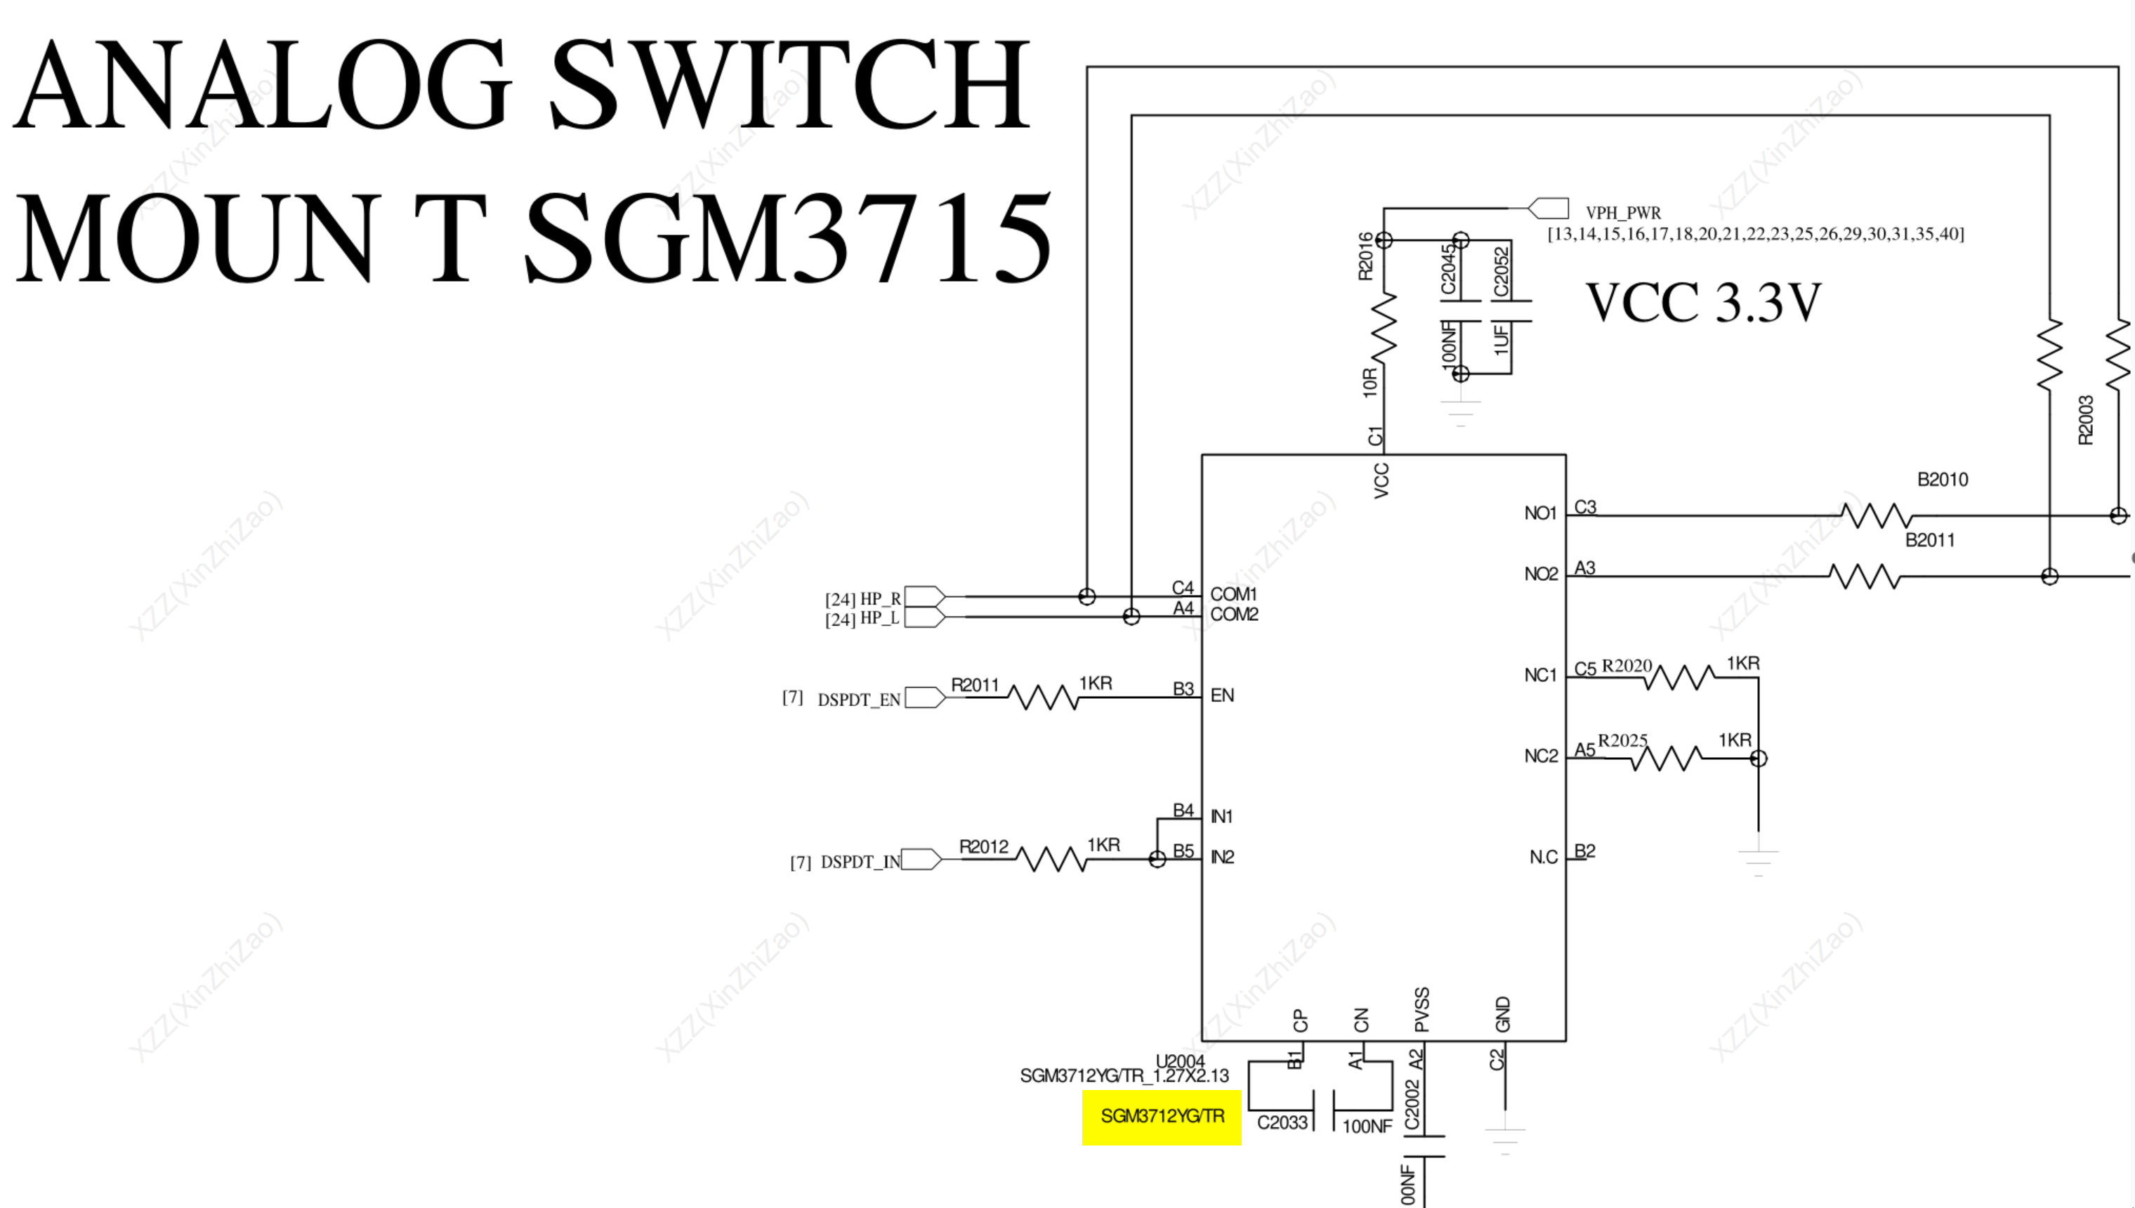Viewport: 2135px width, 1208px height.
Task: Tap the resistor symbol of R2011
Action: pos(1044,697)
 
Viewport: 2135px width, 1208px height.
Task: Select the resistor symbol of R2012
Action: pos(1052,859)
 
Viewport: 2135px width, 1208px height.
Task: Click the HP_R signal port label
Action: pos(880,598)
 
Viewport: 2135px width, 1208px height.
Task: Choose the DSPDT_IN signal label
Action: pos(860,862)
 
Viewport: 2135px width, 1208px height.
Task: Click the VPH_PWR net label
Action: pos(1623,212)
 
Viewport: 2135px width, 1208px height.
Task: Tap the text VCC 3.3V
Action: pos(1704,302)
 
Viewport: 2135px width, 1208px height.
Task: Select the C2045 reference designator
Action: pos(1448,269)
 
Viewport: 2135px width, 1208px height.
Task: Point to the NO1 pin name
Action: pos(1540,513)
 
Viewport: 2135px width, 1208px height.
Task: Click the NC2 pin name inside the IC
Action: pos(1541,756)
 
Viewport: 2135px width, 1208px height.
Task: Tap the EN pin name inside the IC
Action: pos(1222,695)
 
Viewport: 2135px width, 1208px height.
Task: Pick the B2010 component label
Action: pos(1943,480)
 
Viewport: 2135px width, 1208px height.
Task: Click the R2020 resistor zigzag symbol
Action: pos(1679,677)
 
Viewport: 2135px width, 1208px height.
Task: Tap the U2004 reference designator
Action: pos(1181,1061)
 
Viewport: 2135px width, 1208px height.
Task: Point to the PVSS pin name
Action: pos(1421,1010)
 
